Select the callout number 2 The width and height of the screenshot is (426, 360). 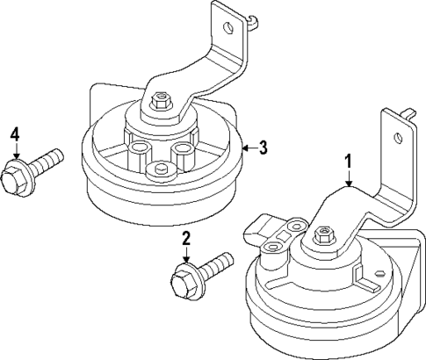(x=185, y=239)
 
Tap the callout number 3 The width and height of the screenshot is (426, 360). (x=263, y=148)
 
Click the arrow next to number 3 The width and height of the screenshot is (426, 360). (x=249, y=148)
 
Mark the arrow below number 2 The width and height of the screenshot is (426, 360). (x=185, y=258)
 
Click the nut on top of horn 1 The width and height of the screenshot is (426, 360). (x=321, y=238)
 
